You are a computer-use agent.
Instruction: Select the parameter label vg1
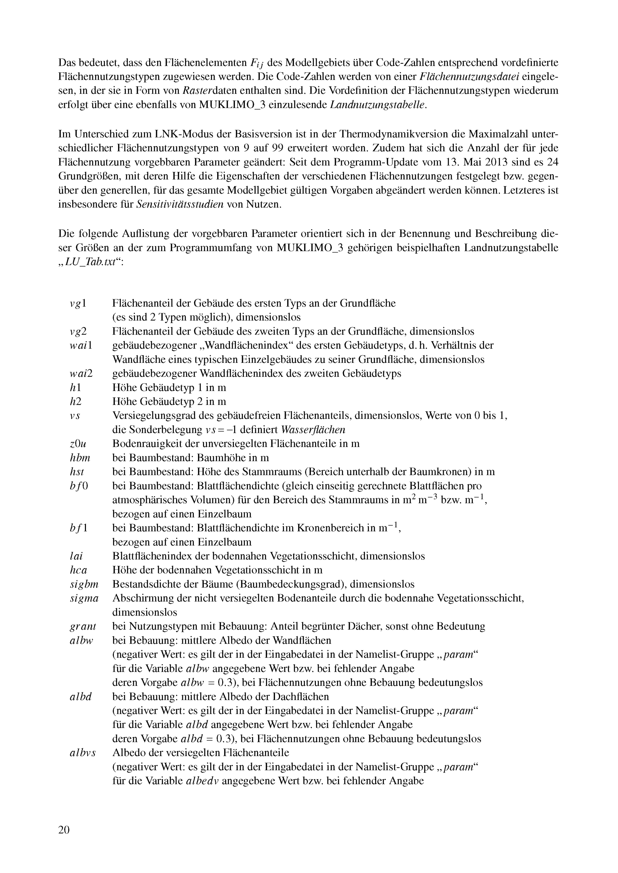point(78,304)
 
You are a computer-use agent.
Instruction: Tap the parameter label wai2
point(81,373)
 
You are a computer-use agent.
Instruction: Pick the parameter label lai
point(76,556)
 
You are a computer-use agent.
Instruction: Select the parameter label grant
point(83,626)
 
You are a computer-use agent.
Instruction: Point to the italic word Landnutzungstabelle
point(376,105)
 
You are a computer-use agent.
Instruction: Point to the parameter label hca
point(78,570)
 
